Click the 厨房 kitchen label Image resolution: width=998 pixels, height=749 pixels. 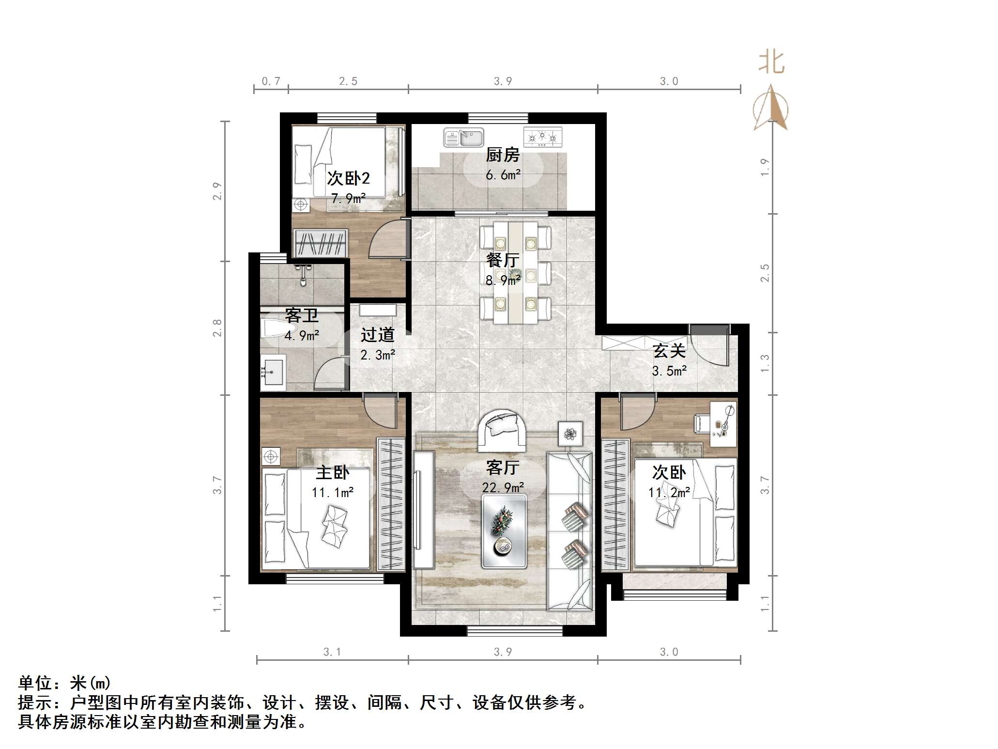tap(503, 155)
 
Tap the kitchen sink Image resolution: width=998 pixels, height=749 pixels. tap(464, 138)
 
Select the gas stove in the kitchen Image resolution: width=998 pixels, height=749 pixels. tap(543, 137)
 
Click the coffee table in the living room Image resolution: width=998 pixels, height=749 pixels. tap(504, 532)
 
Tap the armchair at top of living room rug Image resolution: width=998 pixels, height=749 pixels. tap(501, 430)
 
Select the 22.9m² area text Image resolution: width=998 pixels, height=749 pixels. tap(503, 487)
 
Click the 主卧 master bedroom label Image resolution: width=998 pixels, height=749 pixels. tap(333, 472)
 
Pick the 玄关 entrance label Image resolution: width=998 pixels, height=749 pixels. tap(669, 351)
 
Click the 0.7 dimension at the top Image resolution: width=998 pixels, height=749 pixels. tap(271, 81)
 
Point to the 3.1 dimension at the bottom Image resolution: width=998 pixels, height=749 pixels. tap(332, 652)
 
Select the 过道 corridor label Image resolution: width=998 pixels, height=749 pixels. tap(378, 335)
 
